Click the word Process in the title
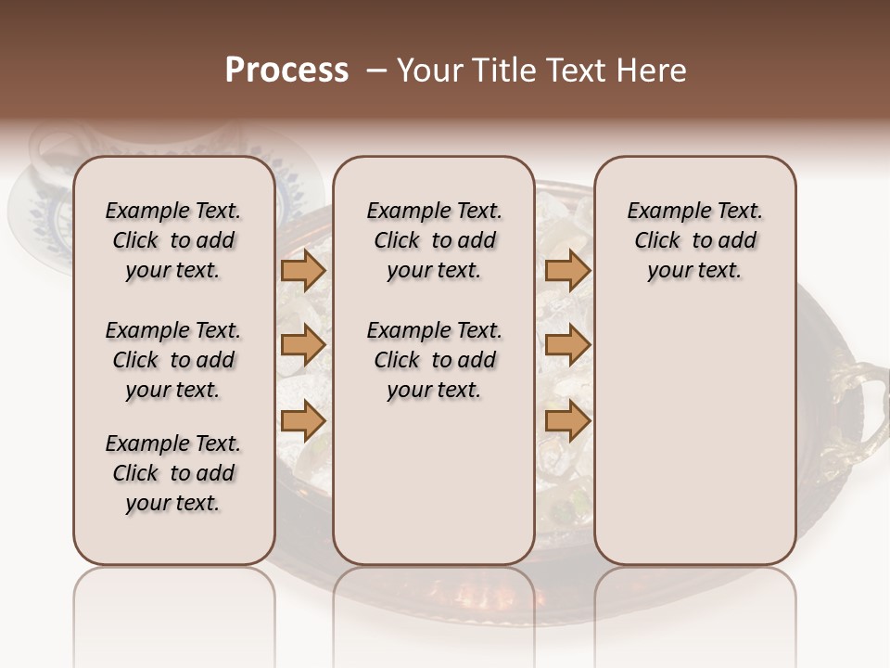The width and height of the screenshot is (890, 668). (286, 71)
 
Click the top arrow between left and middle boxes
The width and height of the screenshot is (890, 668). (303, 270)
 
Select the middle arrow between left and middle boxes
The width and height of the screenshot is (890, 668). (303, 345)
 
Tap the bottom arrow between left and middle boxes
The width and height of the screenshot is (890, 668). (303, 421)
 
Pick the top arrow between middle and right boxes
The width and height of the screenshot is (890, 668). (567, 270)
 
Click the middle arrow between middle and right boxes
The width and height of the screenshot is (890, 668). (567, 345)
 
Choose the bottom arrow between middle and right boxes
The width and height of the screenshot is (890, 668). (567, 421)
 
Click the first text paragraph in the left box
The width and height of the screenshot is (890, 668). (173, 240)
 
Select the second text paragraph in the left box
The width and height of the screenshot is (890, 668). (173, 360)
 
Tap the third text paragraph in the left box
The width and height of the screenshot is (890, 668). (173, 473)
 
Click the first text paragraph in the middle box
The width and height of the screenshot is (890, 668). (434, 240)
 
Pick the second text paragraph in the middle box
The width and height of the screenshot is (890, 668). (434, 360)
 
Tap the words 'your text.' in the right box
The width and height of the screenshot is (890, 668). (694, 271)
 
